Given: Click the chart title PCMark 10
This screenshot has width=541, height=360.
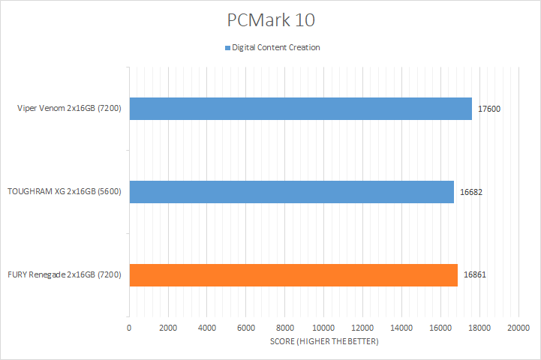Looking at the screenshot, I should [270, 19].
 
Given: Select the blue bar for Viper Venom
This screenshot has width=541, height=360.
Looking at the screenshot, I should [300, 109].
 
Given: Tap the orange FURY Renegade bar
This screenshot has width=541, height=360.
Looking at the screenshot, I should [293, 275].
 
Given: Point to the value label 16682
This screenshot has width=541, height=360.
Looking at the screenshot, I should [471, 192].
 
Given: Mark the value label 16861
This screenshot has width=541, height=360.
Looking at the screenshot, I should [475, 275].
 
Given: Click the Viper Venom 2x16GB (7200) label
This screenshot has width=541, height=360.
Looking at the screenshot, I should [71, 109].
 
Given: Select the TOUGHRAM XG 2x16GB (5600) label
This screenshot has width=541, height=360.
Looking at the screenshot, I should [65, 192].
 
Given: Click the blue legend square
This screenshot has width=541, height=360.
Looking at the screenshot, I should [227, 48].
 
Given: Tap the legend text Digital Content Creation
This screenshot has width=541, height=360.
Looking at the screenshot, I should [276, 48].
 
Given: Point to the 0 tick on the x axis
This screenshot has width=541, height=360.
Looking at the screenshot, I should [129, 328].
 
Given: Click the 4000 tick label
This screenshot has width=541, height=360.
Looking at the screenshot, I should [207, 328].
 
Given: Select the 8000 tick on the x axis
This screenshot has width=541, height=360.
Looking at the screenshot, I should [285, 328].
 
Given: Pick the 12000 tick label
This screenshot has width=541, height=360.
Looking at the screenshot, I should [362, 328].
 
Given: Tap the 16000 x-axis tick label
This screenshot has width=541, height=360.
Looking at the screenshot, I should [440, 328].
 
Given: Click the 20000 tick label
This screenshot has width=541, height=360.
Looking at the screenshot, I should [518, 328].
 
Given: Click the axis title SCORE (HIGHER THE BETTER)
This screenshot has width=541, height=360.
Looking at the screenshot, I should [324, 342].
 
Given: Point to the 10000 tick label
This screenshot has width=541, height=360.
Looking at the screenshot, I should [323, 328].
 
